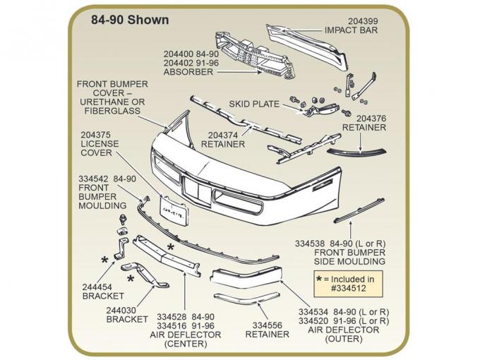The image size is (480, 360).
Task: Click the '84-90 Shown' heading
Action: pyautogui.click(x=130, y=20)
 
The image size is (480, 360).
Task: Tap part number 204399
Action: pyautogui.click(x=360, y=21)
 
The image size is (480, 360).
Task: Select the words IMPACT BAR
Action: pyautogui.click(x=351, y=30)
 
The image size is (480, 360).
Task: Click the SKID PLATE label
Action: pyautogui.click(x=254, y=104)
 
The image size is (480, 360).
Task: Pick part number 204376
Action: pyautogui.click(x=371, y=118)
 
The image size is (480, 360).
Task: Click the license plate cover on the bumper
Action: pyautogui.click(x=172, y=209)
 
